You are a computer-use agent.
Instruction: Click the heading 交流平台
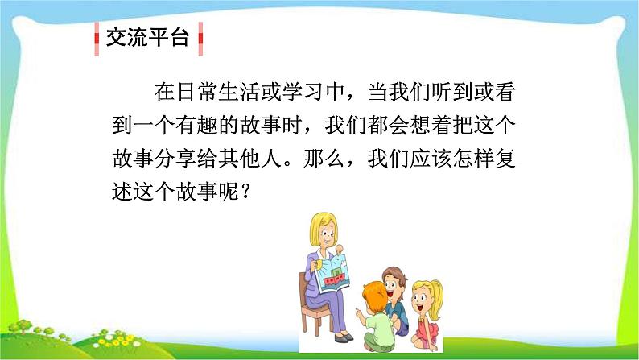click(x=147, y=38)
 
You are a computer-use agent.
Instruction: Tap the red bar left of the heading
click(x=97, y=39)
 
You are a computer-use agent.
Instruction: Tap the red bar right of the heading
click(x=200, y=39)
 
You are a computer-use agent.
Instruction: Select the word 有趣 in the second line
click(x=196, y=125)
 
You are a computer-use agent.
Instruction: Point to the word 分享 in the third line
click(x=175, y=158)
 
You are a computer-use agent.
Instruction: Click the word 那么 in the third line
click(x=324, y=158)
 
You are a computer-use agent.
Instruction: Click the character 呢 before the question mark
click(x=229, y=191)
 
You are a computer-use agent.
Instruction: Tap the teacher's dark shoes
click(x=343, y=337)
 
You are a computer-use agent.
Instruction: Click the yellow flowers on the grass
click(x=116, y=341)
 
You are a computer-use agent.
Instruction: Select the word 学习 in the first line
click(x=303, y=92)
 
